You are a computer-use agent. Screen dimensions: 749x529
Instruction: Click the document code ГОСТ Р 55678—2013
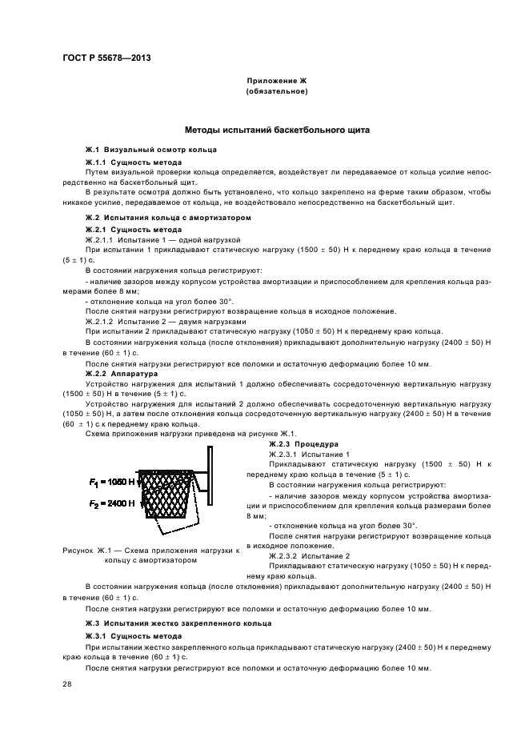[106, 58]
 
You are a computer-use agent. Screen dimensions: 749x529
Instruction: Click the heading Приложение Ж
[277, 81]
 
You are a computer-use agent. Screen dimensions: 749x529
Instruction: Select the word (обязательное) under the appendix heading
[277, 91]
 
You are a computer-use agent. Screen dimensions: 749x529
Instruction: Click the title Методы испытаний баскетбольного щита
[277, 130]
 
